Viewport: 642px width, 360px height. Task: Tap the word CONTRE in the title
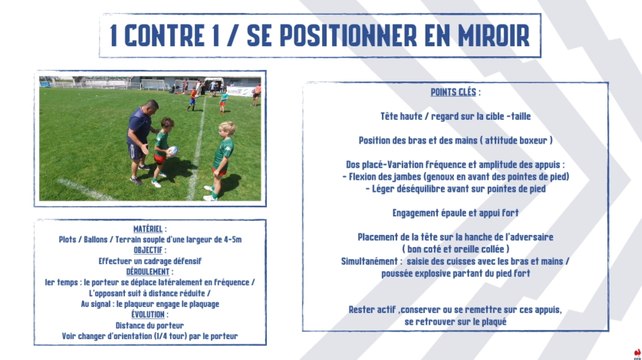point(173,36)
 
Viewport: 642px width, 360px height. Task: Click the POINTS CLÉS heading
point(455,92)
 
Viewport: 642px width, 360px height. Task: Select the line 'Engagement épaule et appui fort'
point(455,213)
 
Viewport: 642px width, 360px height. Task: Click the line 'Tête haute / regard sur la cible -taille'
point(455,116)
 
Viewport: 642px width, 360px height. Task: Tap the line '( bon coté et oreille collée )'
point(455,248)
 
